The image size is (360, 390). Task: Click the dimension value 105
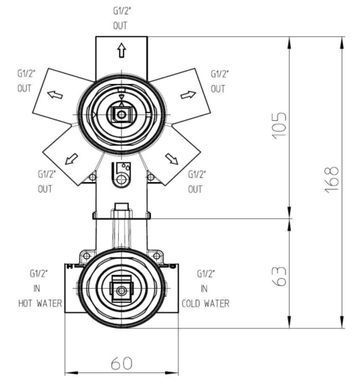[279, 126]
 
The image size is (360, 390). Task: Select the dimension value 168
[332, 179]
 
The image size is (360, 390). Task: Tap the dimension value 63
[279, 276]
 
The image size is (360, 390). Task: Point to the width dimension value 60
[121, 363]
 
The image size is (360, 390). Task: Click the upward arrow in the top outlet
[122, 50]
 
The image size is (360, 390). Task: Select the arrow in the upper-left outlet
[55, 95]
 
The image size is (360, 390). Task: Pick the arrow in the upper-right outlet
[188, 95]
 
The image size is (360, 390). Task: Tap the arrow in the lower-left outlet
[71, 159]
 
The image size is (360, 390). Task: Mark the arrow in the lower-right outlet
[172, 159]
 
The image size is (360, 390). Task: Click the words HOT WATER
[40, 303]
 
